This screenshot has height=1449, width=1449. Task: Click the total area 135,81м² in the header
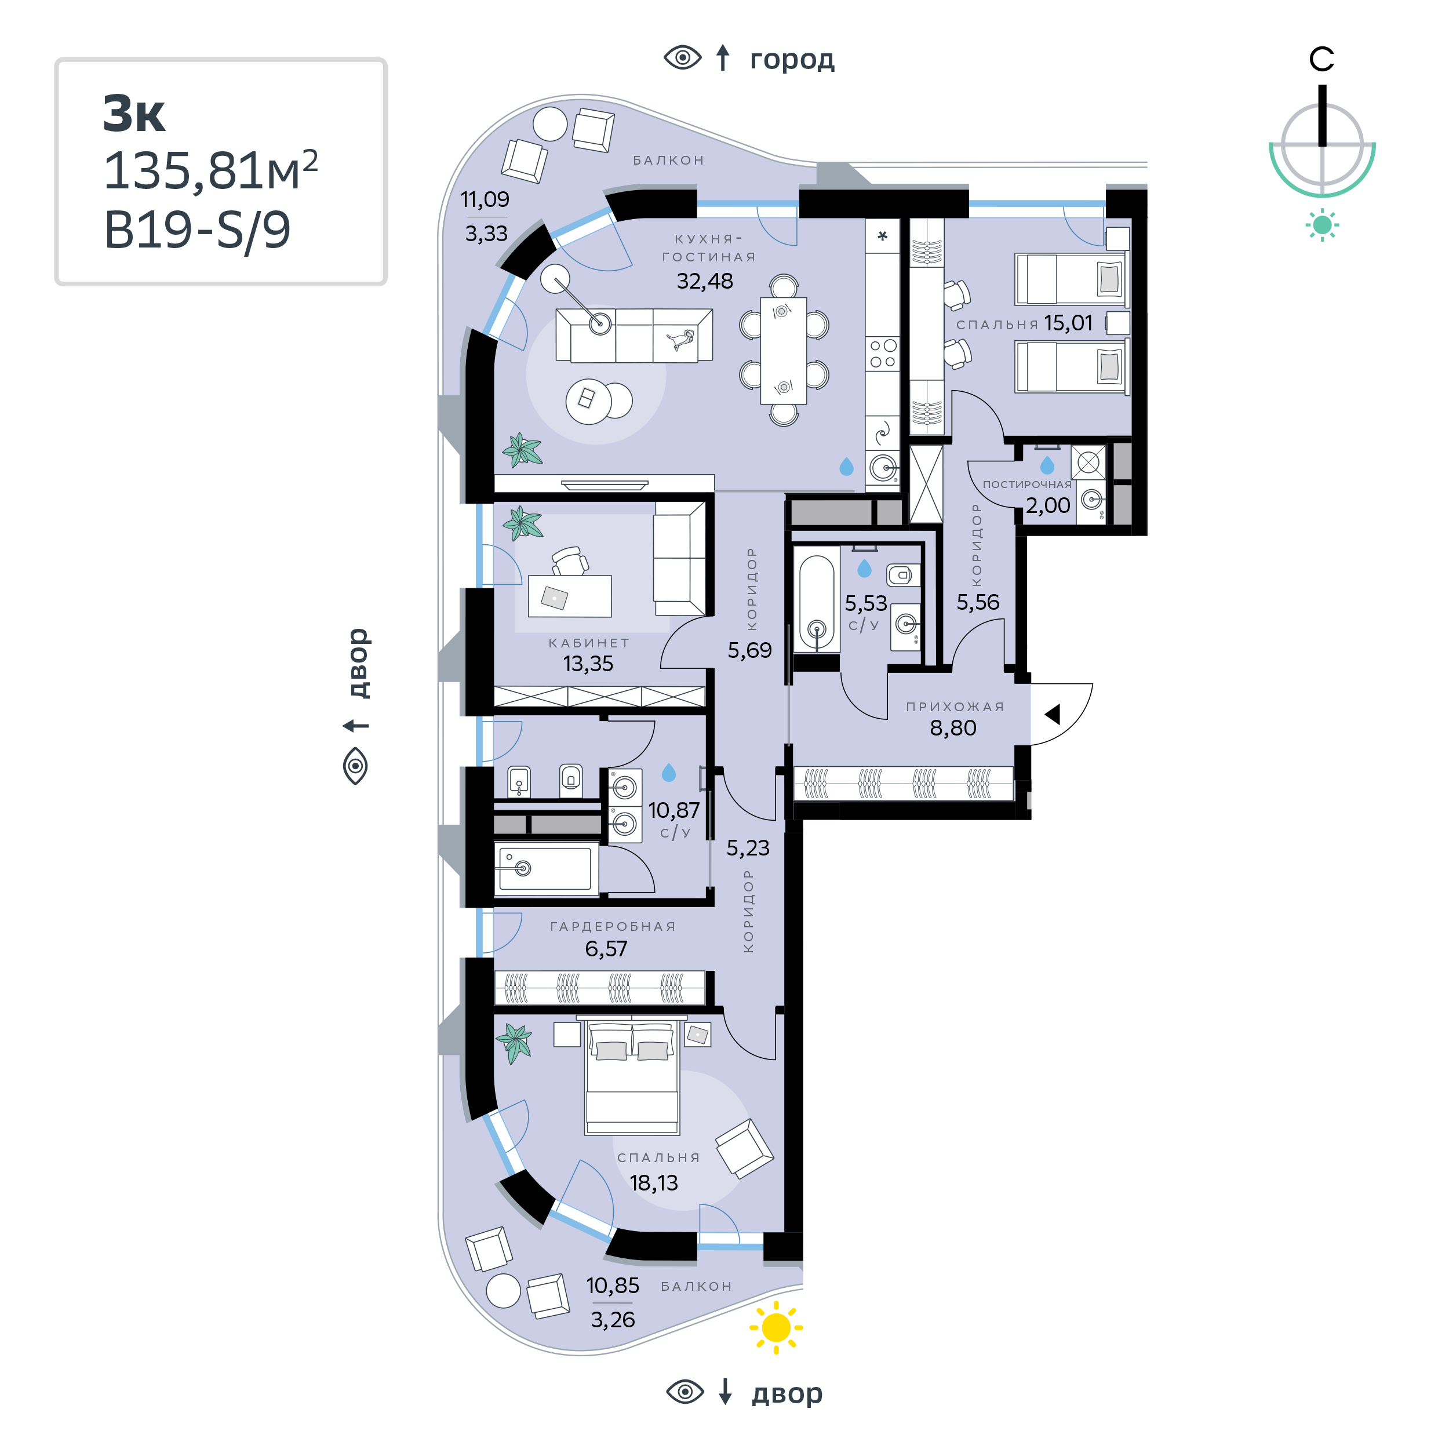[x=210, y=171]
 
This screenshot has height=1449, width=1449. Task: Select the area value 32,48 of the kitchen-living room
[x=704, y=281]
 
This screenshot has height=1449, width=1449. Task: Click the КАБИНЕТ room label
[x=589, y=643]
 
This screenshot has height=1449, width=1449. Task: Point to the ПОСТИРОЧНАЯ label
[x=1026, y=485]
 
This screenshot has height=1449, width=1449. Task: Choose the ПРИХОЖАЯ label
[x=955, y=707]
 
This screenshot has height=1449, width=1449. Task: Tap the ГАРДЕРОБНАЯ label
[x=613, y=926]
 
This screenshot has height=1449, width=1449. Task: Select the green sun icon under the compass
[x=1322, y=225]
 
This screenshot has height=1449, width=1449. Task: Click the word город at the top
[x=792, y=59]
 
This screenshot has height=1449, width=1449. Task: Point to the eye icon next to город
[x=683, y=58]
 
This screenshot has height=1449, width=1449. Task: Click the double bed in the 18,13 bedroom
[x=632, y=1079]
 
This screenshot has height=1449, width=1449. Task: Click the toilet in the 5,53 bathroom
[x=903, y=575]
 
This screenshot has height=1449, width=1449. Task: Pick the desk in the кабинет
[x=569, y=596]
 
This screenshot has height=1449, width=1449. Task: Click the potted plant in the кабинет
[x=522, y=523]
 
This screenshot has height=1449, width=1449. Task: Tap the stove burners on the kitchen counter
[x=882, y=353]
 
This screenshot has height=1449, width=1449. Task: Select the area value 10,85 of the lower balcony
[x=612, y=1286]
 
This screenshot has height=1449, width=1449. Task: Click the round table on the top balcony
[x=549, y=124]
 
